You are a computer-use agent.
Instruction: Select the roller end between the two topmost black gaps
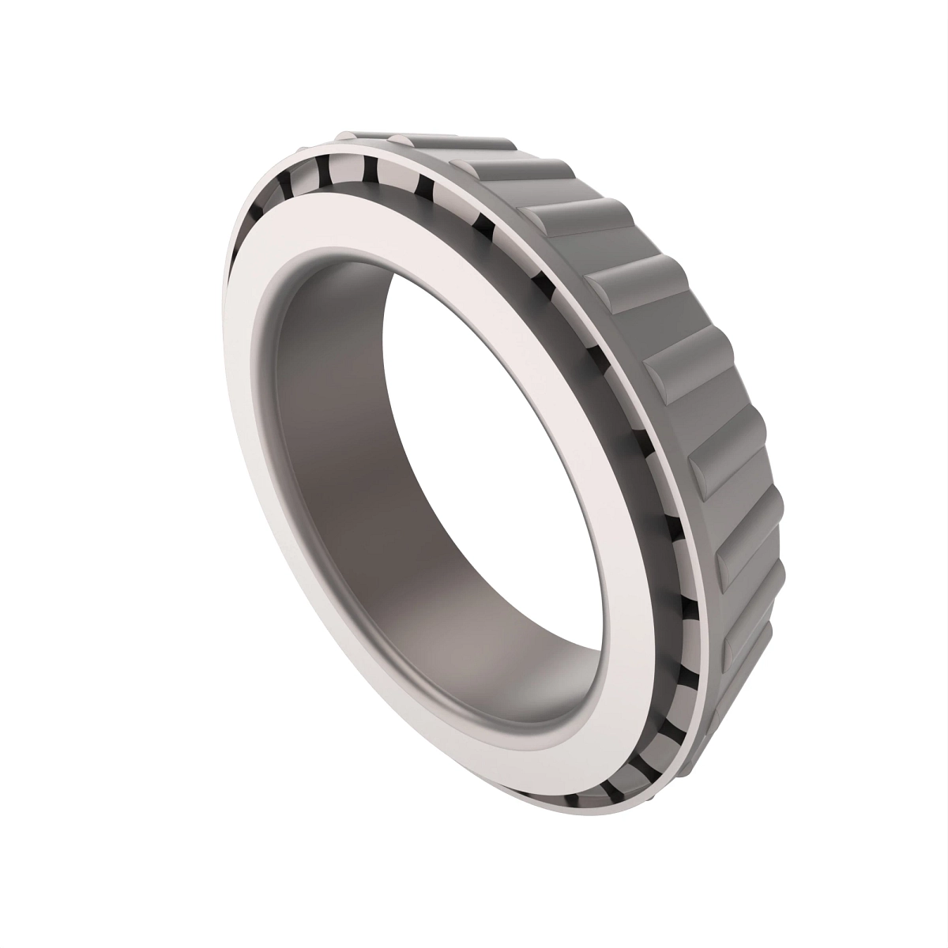344,170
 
